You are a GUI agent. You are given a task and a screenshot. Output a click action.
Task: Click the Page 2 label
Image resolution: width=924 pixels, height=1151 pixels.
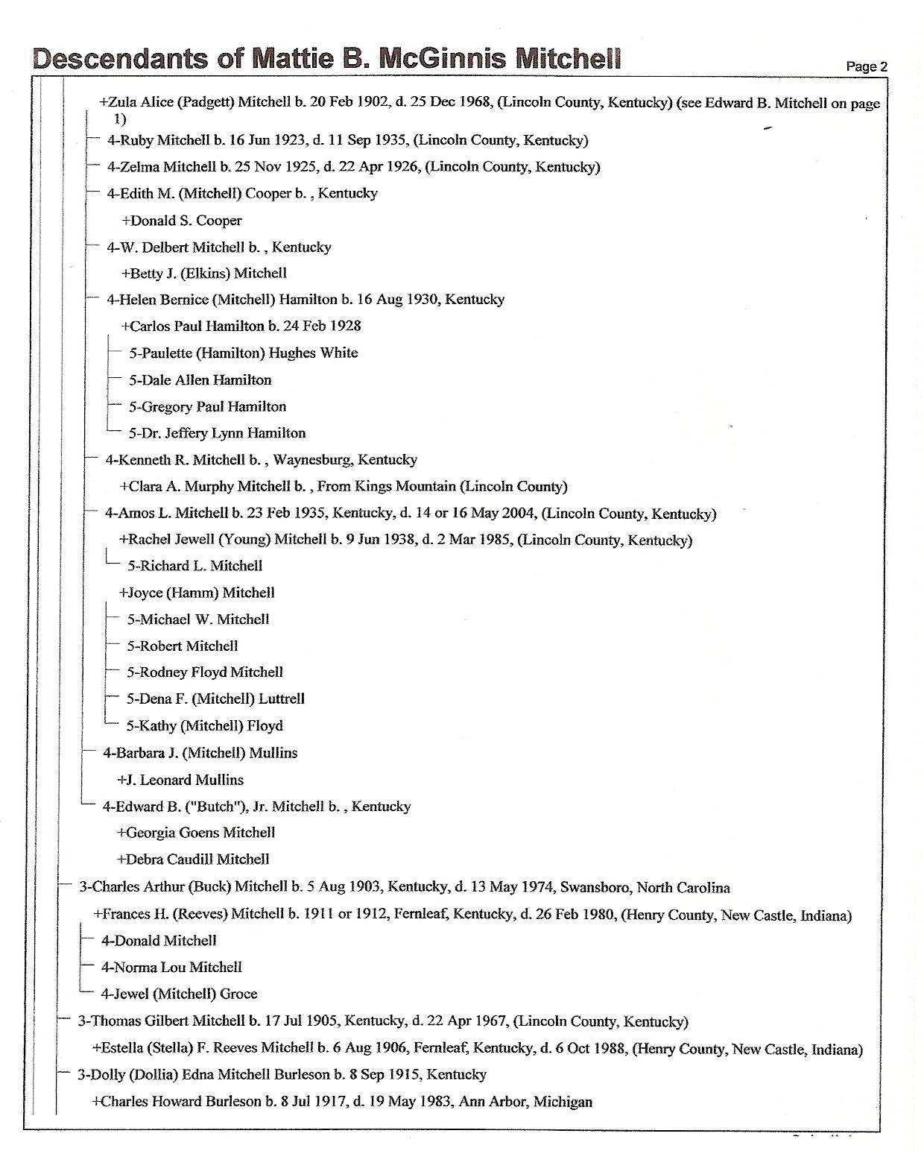(866, 66)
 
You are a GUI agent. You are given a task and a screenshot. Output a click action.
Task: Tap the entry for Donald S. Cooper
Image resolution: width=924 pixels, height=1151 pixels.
(182, 221)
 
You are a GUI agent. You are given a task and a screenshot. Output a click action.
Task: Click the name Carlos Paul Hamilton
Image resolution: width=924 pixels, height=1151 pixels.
(197, 326)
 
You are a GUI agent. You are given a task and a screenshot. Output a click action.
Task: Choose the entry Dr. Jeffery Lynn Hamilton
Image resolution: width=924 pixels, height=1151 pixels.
(217, 433)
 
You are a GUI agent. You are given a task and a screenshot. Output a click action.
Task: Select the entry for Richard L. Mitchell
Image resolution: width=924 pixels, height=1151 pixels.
(195, 566)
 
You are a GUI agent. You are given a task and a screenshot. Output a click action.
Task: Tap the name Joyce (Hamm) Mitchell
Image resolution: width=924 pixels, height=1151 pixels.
(197, 593)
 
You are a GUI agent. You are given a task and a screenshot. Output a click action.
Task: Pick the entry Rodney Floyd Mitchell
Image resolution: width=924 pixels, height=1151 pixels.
(205, 672)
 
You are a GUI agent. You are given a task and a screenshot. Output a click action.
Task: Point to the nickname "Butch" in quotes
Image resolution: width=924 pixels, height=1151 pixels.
(215, 807)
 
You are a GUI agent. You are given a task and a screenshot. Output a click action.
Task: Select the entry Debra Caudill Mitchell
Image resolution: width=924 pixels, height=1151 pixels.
(193, 860)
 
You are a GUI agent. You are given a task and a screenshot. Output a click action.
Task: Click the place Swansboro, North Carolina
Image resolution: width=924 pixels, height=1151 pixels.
(645, 888)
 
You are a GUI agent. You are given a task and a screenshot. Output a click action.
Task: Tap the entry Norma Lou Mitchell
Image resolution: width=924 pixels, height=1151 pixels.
(171, 968)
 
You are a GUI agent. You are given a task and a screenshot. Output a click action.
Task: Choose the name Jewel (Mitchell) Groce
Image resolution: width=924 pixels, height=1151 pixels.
(179, 994)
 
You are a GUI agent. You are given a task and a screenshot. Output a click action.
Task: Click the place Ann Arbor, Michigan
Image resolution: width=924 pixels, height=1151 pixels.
(525, 1102)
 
